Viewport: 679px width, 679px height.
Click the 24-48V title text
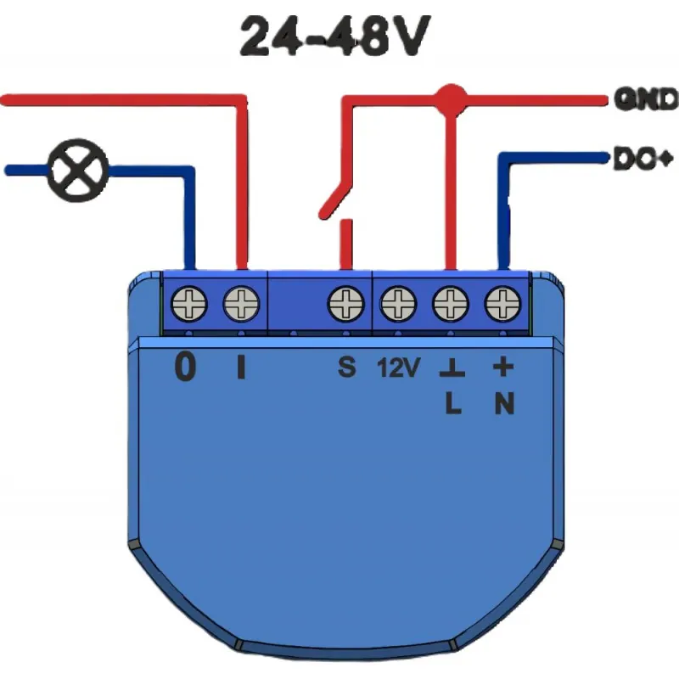(x=334, y=36)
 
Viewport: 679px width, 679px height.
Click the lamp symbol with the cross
(x=77, y=171)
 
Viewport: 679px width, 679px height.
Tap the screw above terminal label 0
(x=189, y=304)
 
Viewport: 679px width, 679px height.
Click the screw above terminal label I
(x=241, y=304)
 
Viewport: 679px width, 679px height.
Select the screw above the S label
(x=346, y=304)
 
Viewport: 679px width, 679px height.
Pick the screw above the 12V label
(x=398, y=304)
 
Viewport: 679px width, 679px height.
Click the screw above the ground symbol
(x=451, y=304)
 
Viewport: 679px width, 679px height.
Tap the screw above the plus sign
(x=502, y=304)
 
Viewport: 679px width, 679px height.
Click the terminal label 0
(x=185, y=368)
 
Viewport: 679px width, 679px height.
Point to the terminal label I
(x=241, y=368)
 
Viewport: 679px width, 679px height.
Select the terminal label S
(x=347, y=368)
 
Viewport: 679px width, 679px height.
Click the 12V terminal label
(x=398, y=368)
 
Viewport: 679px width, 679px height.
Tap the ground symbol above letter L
(x=452, y=368)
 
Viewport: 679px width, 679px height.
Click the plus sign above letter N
(x=503, y=368)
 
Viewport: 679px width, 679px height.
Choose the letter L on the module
(x=453, y=404)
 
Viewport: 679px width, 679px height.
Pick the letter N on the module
(x=504, y=404)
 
